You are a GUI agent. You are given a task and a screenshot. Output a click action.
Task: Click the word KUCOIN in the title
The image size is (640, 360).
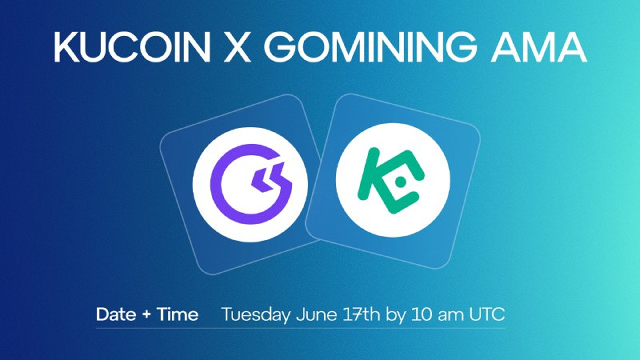pos(132,47)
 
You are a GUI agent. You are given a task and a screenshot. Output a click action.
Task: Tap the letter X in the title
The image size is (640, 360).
pos(238,47)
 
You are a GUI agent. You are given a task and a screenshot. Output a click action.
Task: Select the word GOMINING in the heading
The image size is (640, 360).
pos(373,47)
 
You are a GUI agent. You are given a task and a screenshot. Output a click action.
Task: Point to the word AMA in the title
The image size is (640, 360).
pos(538,47)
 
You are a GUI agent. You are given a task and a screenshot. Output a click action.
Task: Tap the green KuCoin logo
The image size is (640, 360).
pos(391,180)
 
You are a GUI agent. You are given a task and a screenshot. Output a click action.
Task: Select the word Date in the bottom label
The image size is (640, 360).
pos(116,314)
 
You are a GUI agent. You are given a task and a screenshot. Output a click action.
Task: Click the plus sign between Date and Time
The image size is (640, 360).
pos(146,315)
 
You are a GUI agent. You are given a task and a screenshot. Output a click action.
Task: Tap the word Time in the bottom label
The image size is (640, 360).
pos(178,314)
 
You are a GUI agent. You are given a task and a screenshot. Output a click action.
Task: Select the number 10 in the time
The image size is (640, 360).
pos(422,314)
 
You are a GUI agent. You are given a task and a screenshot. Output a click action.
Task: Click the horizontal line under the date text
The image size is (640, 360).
pos(302,328)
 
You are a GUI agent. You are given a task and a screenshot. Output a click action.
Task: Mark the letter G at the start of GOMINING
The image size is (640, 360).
pos(284,47)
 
